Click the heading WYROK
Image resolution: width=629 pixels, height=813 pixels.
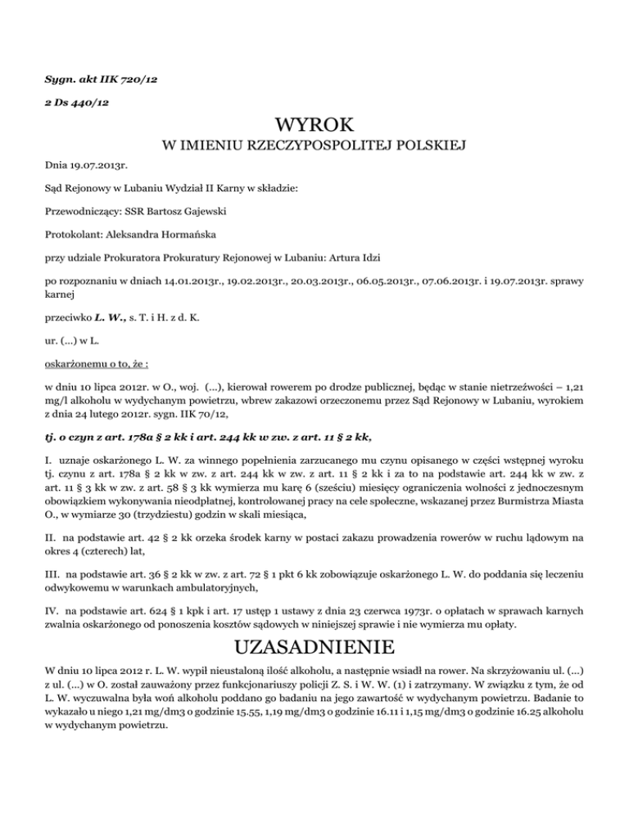314,125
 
